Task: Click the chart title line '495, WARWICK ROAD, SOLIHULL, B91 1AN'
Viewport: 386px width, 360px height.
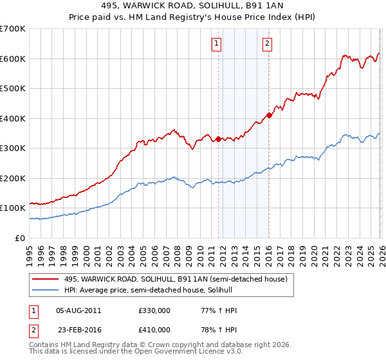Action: point(193,6)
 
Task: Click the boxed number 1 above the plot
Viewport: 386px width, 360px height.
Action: point(217,44)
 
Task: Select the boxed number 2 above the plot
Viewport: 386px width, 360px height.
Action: point(266,44)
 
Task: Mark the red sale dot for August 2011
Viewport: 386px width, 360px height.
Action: point(218,139)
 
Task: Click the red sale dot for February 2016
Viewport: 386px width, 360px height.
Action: point(269,115)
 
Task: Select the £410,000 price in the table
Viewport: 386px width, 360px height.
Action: point(154,329)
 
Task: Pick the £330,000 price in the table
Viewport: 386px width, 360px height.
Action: point(154,310)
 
